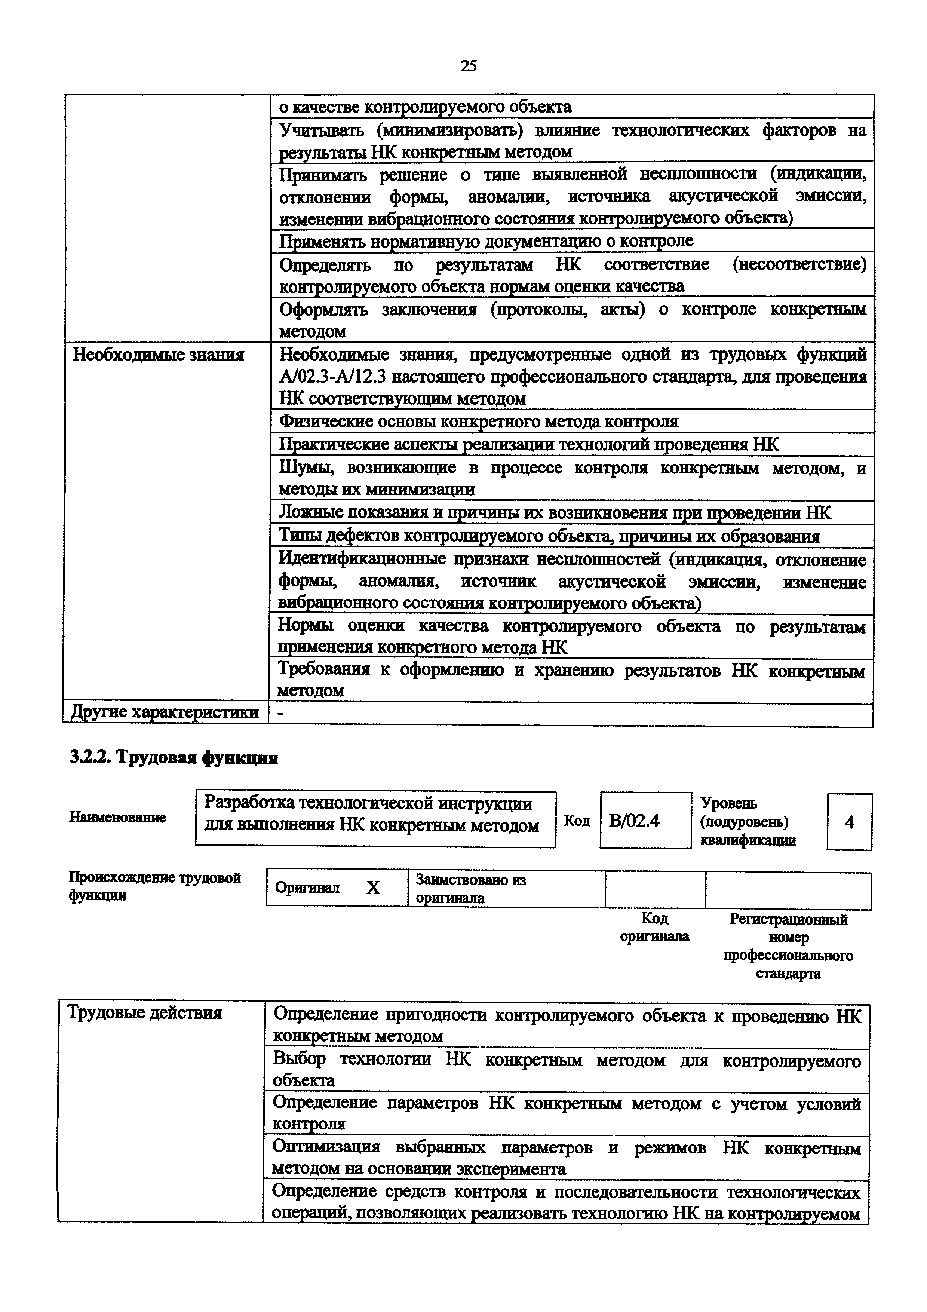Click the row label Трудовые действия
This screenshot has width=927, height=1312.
144,1013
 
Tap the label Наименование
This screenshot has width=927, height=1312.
118,818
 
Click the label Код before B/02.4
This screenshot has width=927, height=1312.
577,821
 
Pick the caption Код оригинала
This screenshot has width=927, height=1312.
654,928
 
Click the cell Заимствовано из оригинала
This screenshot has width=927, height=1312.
471,889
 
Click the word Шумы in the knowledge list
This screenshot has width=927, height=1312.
304,468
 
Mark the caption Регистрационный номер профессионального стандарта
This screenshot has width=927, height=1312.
788,946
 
